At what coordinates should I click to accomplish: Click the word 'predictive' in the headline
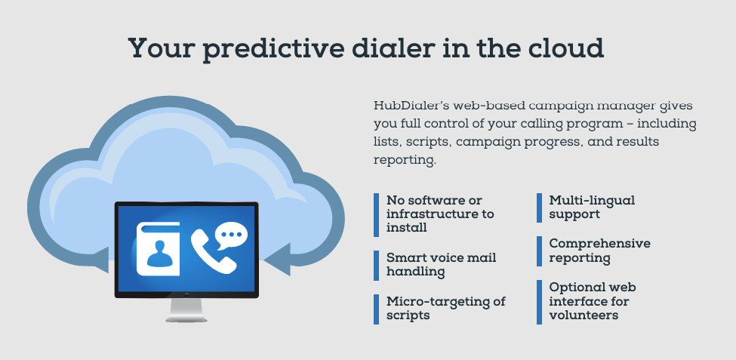point(274,49)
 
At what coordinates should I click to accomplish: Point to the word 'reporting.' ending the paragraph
point(405,160)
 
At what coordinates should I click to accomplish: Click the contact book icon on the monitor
point(159,248)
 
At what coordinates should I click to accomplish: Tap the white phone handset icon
point(213,251)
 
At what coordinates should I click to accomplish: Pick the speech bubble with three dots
point(231,235)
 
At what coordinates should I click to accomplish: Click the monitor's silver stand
point(186,309)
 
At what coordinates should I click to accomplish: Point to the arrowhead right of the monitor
point(278,259)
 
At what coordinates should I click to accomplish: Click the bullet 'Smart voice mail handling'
point(442,264)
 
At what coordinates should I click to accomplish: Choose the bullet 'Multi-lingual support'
point(592,207)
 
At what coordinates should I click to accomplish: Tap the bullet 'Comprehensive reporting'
point(600,251)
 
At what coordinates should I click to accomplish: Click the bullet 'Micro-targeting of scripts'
point(446,308)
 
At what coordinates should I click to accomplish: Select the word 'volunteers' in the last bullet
point(584,315)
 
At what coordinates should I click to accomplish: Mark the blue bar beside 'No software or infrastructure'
point(377,215)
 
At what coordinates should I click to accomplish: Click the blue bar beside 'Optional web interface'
point(539,303)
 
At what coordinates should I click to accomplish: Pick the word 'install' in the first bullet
point(406,228)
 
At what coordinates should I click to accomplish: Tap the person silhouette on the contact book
point(159,254)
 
